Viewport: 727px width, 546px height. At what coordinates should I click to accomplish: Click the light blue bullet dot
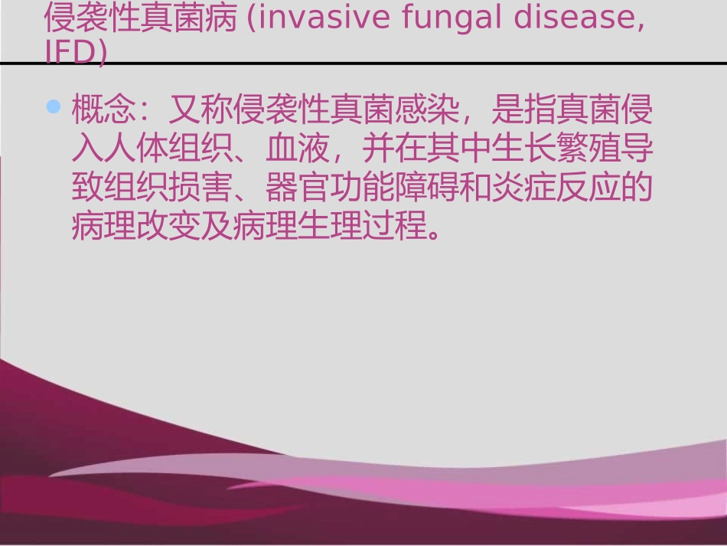click(x=53, y=107)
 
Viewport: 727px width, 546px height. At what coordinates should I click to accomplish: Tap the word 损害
click(x=217, y=188)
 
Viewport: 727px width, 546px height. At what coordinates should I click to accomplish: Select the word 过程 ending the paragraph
click(x=396, y=227)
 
